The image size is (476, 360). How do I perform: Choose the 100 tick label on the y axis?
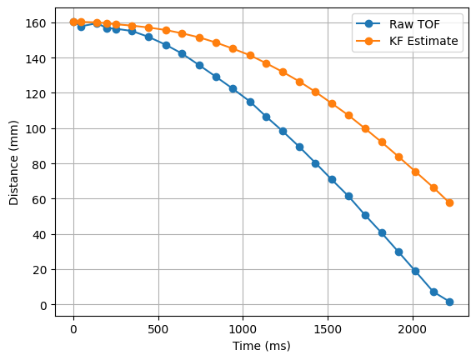pos(40,129)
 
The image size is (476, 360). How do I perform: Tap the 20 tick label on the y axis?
pos(43,270)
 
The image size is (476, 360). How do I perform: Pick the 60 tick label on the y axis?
pos(43,199)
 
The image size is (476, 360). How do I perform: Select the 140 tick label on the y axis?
pos(40,58)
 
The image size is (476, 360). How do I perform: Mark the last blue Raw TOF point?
pos(449,302)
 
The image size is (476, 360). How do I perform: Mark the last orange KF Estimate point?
pos(449,202)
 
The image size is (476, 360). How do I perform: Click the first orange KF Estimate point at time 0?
pos(73,22)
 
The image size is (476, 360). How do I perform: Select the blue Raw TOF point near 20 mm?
pos(415,271)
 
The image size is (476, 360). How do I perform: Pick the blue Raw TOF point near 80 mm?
pos(315,163)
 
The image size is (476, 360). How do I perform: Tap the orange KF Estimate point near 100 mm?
pos(365,128)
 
